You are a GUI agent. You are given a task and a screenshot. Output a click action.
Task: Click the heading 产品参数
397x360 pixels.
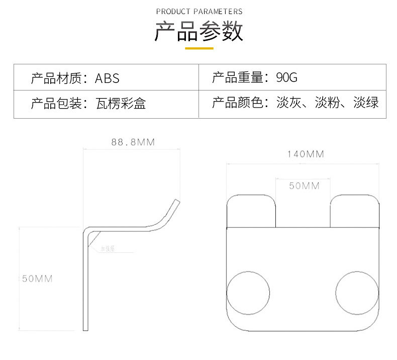198,32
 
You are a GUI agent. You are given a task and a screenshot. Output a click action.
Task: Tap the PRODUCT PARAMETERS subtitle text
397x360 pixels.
199,11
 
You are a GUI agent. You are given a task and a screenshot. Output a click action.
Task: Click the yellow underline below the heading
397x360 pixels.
199,48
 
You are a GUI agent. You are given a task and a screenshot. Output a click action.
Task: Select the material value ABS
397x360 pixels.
108,78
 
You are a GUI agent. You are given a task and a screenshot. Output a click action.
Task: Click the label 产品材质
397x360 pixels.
56,78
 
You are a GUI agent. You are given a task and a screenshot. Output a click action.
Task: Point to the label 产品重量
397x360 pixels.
237,78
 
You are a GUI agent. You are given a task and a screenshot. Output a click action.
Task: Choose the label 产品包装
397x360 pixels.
56,104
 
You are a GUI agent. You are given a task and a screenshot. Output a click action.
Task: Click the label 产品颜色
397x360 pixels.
237,104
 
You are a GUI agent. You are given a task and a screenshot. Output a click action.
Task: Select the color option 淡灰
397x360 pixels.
289,104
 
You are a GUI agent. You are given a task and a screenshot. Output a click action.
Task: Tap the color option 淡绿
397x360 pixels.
366,104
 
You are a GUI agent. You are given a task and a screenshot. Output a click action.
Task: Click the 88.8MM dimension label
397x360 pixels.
133,142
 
